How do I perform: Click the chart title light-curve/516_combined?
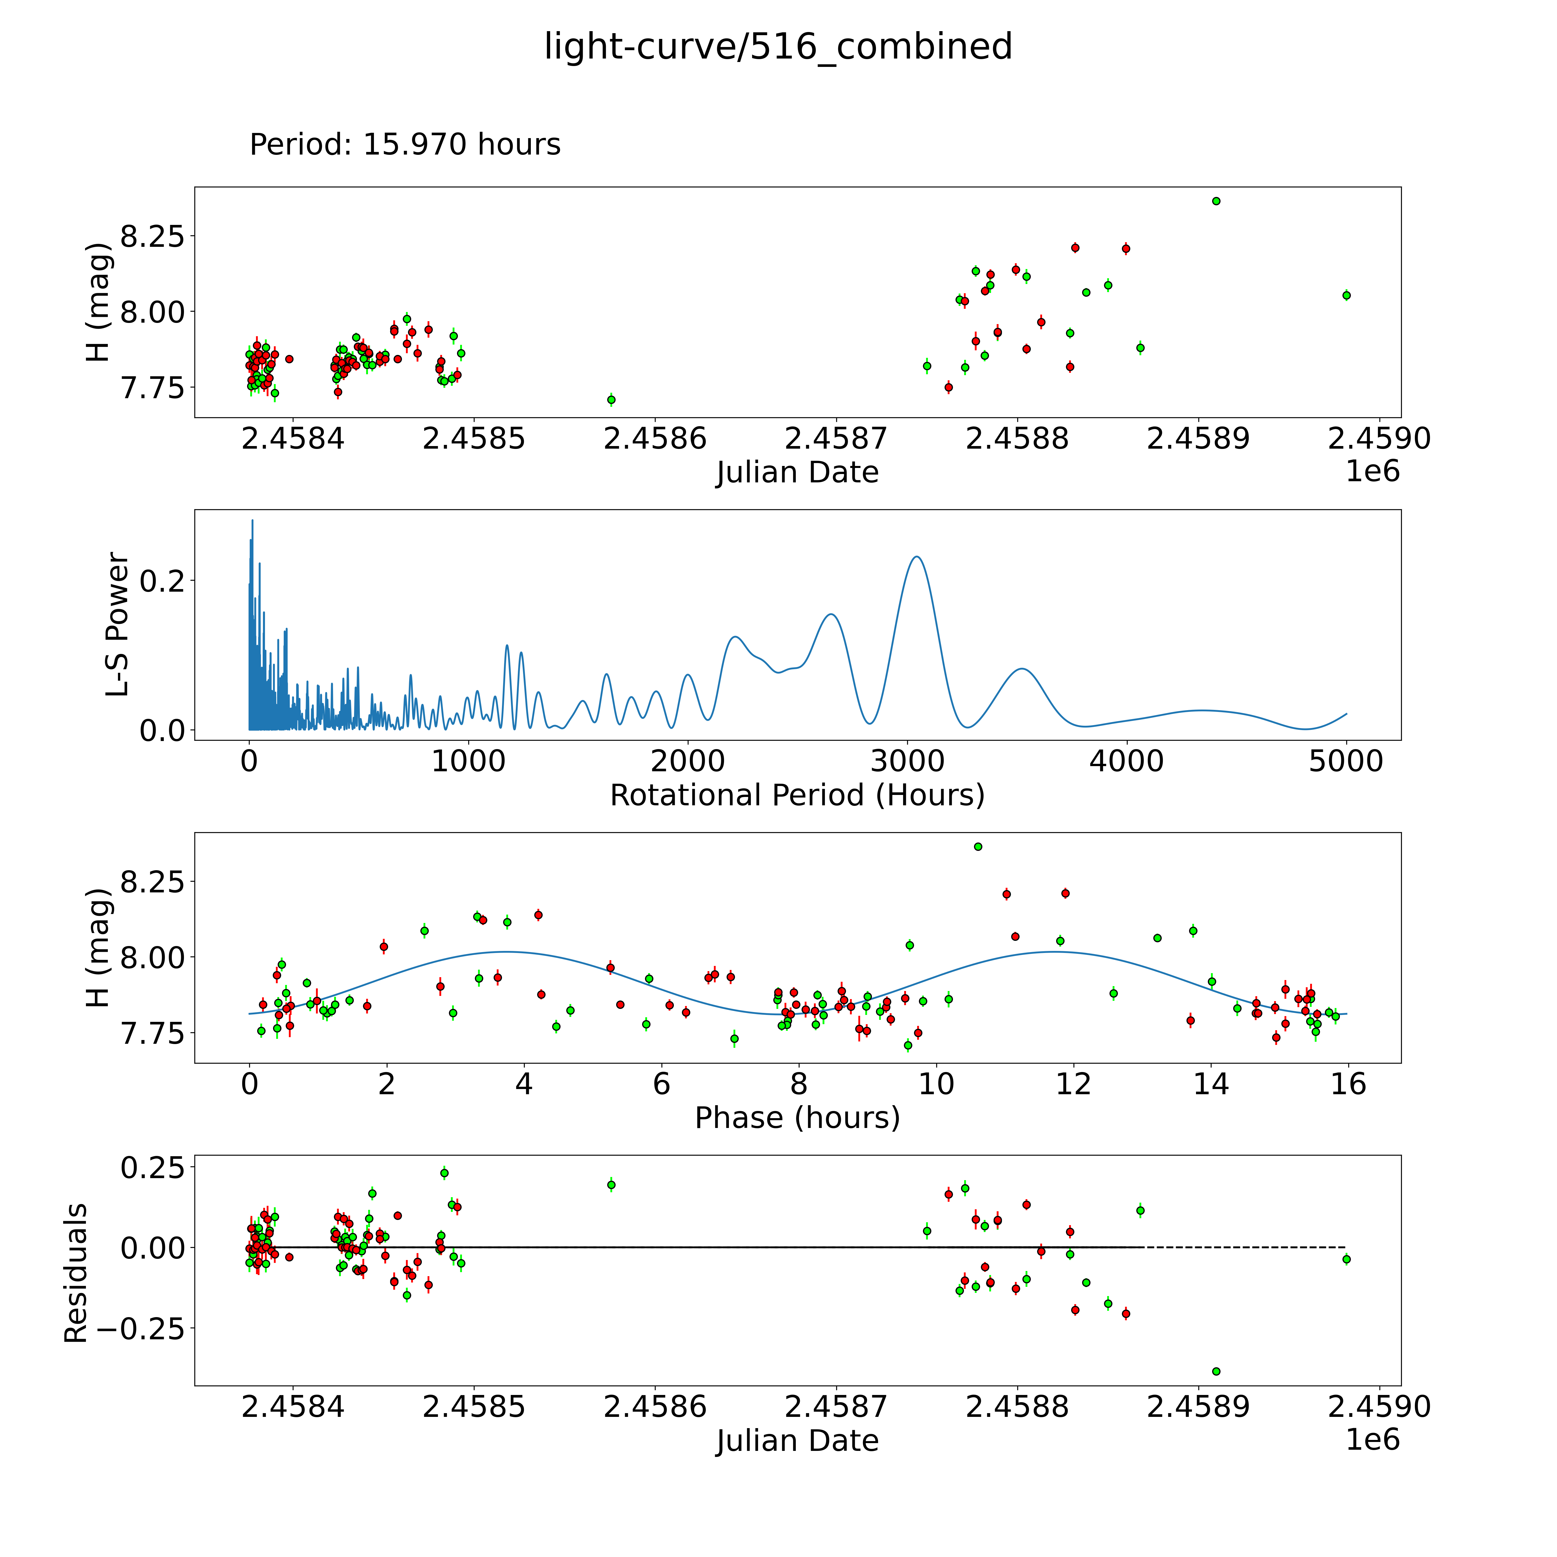pos(778,47)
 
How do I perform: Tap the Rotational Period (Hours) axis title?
pos(797,796)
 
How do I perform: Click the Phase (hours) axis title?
pos(797,1118)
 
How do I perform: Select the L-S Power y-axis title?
pos(118,625)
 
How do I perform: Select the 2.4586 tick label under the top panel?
pos(655,439)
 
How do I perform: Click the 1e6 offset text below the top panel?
pos(1372,471)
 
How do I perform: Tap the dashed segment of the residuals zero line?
pos(1245,1248)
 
